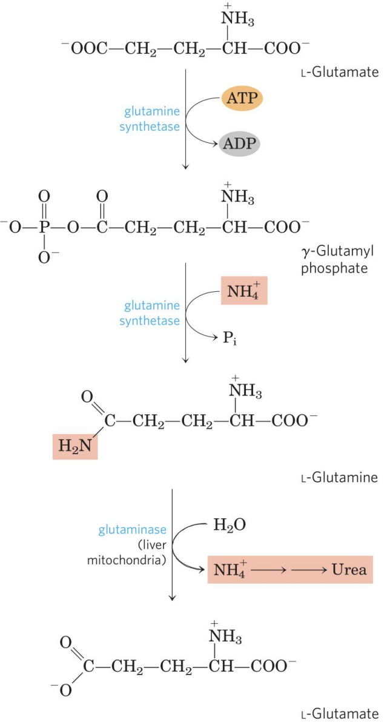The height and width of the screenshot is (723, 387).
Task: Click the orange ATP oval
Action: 242,97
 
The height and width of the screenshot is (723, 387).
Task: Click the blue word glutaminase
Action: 133,530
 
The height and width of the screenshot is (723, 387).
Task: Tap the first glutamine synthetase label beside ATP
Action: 151,119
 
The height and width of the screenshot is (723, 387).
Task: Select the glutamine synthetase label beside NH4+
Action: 151,314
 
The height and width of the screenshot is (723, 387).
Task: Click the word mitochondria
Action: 133,560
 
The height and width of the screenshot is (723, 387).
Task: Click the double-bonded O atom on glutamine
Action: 87,397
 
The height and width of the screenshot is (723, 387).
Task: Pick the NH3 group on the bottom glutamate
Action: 224,638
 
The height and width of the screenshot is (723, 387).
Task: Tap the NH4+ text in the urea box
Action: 228,570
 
